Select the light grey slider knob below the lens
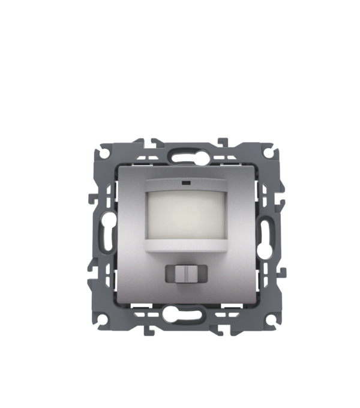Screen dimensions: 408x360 [186, 274]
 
